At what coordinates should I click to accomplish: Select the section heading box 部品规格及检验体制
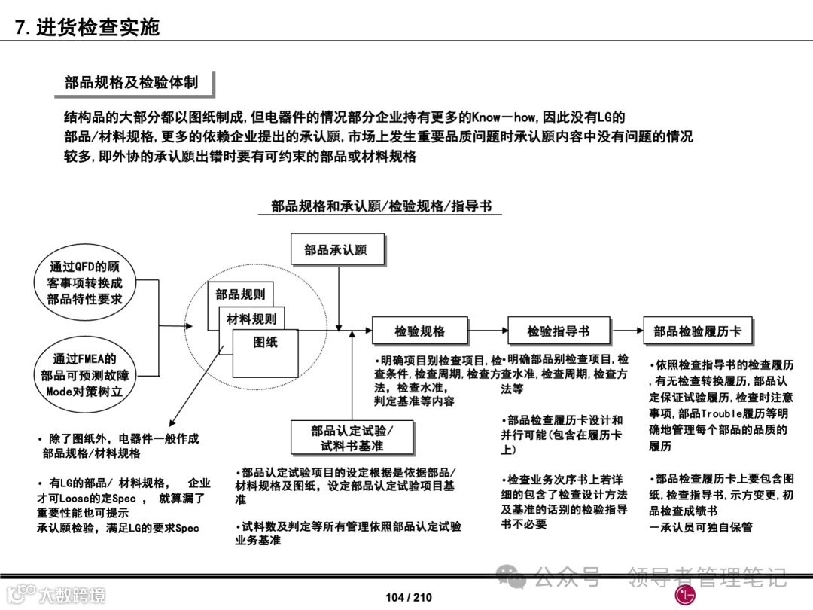[x=133, y=83]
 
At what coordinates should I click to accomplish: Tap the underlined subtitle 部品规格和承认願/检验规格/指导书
[x=381, y=206]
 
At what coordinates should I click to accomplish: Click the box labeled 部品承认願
[x=337, y=250]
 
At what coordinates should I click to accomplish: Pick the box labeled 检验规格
[x=419, y=331]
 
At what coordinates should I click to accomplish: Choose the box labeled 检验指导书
[x=558, y=331]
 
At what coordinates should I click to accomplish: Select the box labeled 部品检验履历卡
[x=697, y=331]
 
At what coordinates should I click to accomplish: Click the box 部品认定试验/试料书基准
[x=352, y=438]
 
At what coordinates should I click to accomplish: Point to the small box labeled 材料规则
[x=251, y=319]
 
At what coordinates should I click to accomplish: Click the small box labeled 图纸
[x=265, y=342]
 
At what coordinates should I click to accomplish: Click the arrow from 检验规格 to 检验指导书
[x=487, y=331]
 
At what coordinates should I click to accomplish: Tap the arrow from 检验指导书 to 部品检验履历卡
[x=627, y=331]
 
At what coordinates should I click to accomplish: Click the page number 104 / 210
[x=409, y=597]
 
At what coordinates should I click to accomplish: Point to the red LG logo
[x=685, y=596]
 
